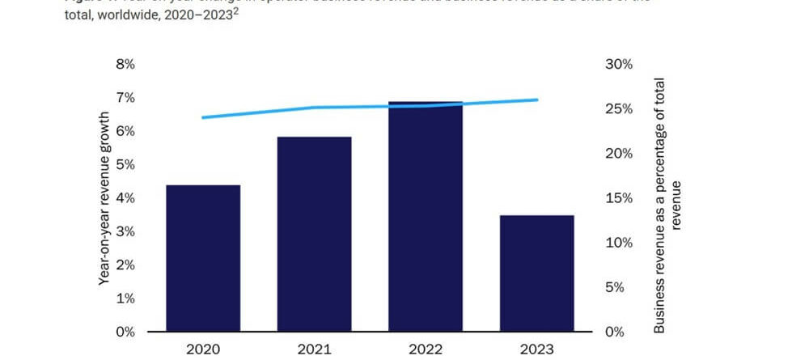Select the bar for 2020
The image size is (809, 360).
pos(203,259)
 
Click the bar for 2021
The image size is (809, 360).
pos(314,235)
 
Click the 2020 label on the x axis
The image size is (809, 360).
pos(203,349)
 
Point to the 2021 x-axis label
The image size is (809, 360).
pos(314,349)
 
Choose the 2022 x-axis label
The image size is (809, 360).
pos(426,349)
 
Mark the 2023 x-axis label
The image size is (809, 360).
pos(537,349)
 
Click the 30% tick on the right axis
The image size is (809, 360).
pos(619,64)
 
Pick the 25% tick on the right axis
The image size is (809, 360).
pos(619,109)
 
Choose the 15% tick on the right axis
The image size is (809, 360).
pos(619,198)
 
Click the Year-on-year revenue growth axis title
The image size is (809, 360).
pos(104,198)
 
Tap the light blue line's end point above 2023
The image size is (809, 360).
pos(537,100)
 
